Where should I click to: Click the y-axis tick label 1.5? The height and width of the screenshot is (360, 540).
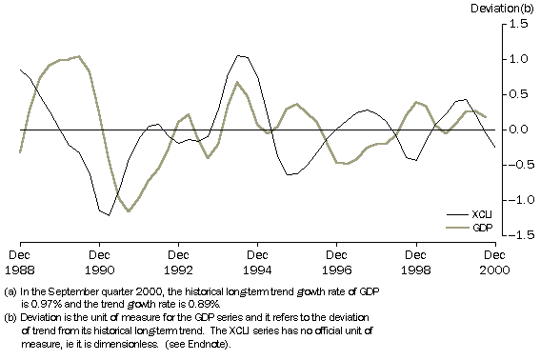click(x=518, y=24)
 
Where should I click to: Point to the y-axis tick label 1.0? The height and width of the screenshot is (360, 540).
click(x=518, y=59)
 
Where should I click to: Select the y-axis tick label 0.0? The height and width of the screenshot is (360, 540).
click(x=518, y=130)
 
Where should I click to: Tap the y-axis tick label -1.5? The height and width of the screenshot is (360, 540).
click(x=515, y=234)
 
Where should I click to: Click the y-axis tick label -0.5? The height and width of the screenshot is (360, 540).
click(x=515, y=165)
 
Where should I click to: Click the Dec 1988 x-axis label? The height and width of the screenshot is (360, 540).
click(x=21, y=261)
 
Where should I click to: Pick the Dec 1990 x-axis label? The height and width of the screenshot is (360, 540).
click(x=100, y=261)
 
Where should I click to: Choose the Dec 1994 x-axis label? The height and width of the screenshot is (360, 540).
click(x=258, y=261)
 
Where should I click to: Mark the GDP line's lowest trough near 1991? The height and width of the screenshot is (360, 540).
click(x=129, y=210)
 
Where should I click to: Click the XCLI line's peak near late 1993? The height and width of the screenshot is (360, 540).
click(x=239, y=56)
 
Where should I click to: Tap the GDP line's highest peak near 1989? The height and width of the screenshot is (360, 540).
click(x=78, y=56)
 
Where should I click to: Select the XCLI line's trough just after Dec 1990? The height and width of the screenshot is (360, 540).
click(x=109, y=215)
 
